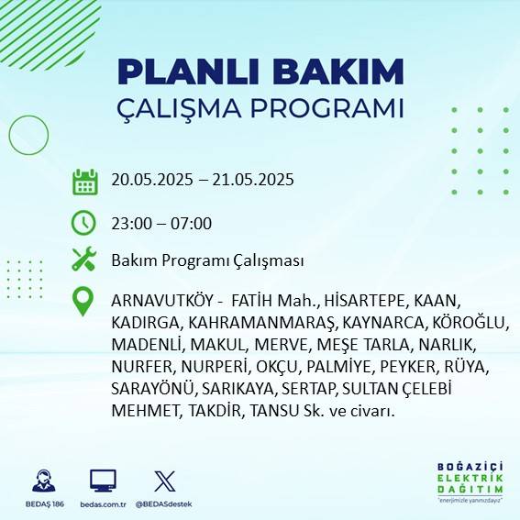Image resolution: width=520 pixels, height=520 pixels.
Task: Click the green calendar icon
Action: pyautogui.click(x=84, y=182)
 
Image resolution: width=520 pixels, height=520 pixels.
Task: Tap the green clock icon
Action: pyautogui.click(x=84, y=223)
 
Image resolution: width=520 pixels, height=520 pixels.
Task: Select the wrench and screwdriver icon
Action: pyautogui.click(x=84, y=260)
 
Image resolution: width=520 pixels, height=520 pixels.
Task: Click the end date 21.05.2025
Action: pyautogui.click(x=249, y=180)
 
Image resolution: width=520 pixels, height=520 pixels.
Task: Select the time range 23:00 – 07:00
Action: pyautogui.click(x=161, y=223)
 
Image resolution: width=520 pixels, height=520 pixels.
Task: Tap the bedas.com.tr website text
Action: pyautogui.click(x=103, y=504)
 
